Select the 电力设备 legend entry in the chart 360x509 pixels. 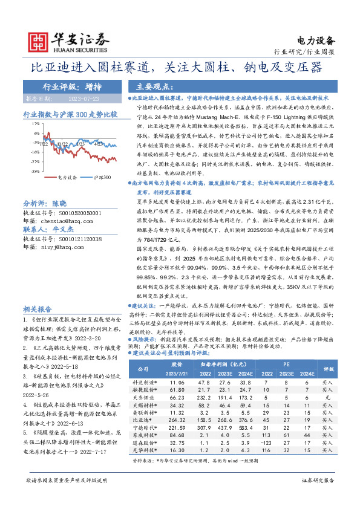coord(68,178)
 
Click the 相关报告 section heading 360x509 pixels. coord(39,307)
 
